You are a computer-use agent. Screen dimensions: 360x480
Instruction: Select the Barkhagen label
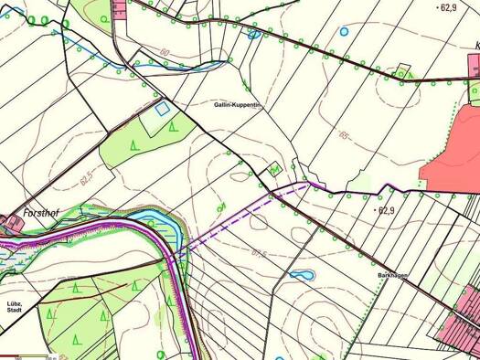390,275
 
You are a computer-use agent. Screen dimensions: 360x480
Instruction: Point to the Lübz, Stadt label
14,307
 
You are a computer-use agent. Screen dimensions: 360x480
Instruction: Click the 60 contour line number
165,54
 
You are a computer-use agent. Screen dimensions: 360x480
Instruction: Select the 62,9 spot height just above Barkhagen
385,210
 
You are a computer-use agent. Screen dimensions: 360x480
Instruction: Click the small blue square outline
162,109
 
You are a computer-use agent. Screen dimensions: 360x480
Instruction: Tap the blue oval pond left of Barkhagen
302,274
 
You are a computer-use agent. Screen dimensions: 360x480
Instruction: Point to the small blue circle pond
344,31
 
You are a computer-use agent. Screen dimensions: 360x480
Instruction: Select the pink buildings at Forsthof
9,222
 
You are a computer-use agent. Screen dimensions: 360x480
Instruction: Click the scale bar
27,355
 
